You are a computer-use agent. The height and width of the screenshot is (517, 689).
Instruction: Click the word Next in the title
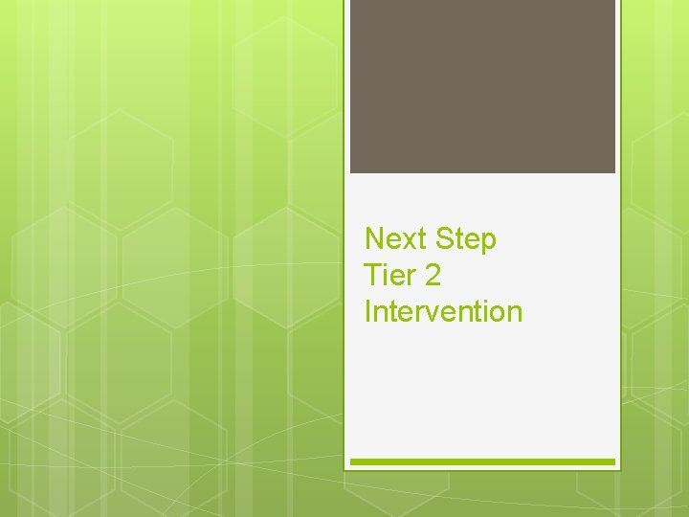pyautogui.click(x=395, y=238)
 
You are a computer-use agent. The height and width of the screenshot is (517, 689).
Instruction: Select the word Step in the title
pyautogui.click(x=465, y=239)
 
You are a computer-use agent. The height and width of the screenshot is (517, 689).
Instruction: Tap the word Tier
pyautogui.click(x=390, y=276)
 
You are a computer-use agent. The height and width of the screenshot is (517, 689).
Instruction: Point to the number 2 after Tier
pyautogui.click(x=433, y=276)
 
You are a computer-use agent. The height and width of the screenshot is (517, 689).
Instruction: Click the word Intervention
pyautogui.click(x=443, y=312)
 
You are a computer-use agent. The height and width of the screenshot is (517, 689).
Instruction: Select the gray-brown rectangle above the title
pyautogui.click(x=482, y=86)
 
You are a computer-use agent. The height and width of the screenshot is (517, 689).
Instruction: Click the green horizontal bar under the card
pyautogui.click(x=482, y=461)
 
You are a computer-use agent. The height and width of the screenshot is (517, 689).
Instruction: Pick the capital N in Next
pyautogui.click(x=375, y=238)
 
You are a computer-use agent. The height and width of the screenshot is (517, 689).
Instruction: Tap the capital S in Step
pyautogui.click(x=444, y=238)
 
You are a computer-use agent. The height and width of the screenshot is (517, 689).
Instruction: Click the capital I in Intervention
pyautogui.click(x=368, y=312)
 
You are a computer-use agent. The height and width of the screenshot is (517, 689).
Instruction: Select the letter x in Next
pyautogui.click(x=408, y=241)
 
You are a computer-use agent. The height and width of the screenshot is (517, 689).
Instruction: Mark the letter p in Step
pyautogui.click(x=488, y=243)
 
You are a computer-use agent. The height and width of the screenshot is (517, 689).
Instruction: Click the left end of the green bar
pyautogui.click(x=353, y=461)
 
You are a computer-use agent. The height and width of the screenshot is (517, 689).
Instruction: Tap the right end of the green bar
pyautogui.click(x=612, y=461)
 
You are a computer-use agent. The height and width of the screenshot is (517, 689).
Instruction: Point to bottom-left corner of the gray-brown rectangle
pyautogui.click(x=351, y=171)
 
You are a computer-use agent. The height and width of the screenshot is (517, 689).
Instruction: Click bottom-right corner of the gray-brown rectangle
pyautogui.click(x=614, y=171)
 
